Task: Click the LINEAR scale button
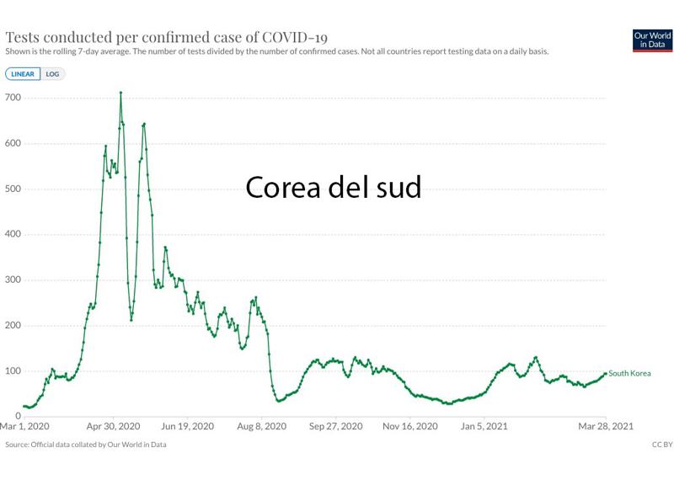(x=23, y=74)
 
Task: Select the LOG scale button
(x=52, y=74)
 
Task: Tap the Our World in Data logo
(x=652, y=40)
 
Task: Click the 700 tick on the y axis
(x=13, y=99)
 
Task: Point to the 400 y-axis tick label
(x=13, y=235)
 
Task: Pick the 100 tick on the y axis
(x=13, y=371)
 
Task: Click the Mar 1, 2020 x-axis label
(x=24, y=427)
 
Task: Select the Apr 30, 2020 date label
(x=113, y=427)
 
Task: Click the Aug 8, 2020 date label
(x=262, y=427)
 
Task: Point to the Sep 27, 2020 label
(x=336, y=427)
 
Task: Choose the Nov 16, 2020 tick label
(x=411, y=427)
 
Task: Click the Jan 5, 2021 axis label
(x=484, y=427)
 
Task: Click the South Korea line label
(x=630, y=374)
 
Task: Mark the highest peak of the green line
(x=120, y=93)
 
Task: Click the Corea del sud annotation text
(x=333, y=187)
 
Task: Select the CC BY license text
(x=662, y=445)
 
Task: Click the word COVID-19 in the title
(x=295, y=38)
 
